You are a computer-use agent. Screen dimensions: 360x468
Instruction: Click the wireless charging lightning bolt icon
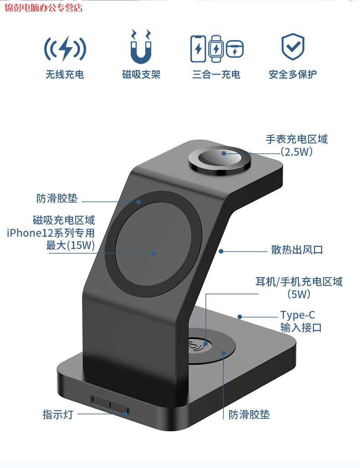[x=65, y=49]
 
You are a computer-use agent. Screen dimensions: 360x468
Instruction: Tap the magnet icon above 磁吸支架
[x=141, y=46]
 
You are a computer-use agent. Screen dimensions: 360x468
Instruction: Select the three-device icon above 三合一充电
[x=217, y=49]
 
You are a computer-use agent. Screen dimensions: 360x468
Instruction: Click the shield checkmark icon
[x=293, y=47]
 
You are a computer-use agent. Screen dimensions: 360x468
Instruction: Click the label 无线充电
[x=65, y=74]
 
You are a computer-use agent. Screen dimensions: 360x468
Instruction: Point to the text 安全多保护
[x=293, y=74]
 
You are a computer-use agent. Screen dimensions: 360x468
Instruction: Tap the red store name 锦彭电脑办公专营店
[x=43, y=7]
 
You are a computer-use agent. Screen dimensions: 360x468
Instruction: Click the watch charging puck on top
[x=220, y=160]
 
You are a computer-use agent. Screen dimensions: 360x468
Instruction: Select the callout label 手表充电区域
[x=297, y=139]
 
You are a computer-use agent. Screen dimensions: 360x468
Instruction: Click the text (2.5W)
[x=297, y=152]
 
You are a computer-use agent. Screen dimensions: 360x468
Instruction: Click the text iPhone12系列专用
[x=51, y=233]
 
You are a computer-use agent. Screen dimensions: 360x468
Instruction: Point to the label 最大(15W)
[x=71, y=245]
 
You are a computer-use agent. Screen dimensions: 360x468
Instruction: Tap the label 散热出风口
[x=297, y=249]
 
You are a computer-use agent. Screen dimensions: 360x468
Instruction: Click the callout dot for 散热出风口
[x=221, y=251]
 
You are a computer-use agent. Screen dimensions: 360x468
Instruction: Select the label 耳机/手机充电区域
[x=299, y=281]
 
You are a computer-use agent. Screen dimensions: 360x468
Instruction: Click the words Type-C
[x=298, y=315]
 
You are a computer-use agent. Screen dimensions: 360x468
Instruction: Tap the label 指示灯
[x=58, y=414]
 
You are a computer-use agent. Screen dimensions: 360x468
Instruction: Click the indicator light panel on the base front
[x=110, y=405]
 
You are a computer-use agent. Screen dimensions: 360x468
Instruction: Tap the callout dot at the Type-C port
[x=240, y=317]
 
